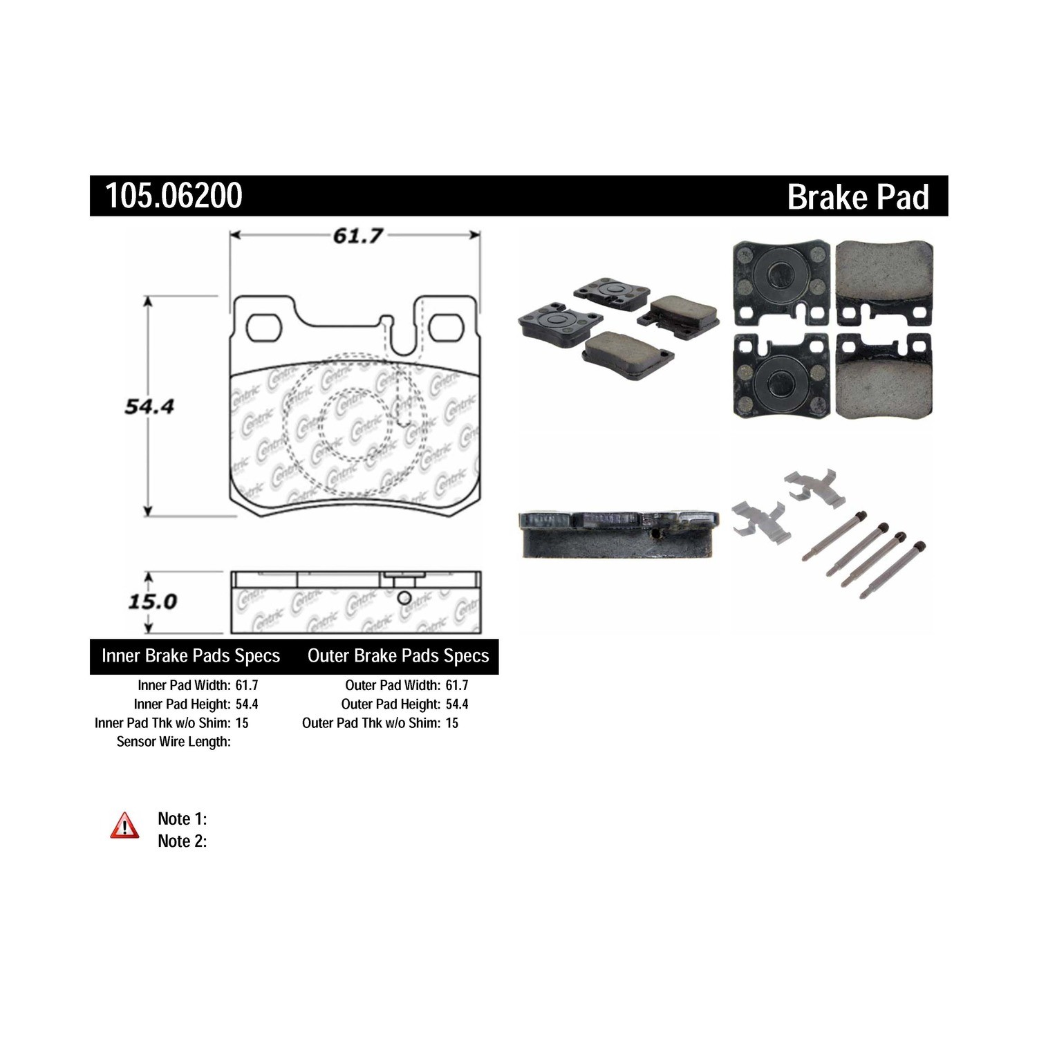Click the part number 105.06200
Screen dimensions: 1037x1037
point(174,196)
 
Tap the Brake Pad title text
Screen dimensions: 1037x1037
point(858,196)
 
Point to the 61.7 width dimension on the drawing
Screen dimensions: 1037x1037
point(357,236)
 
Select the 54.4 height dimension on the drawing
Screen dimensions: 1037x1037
point(149,407)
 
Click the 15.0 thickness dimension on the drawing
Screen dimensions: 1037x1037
point(152,601)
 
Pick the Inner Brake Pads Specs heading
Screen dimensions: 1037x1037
point(191,655)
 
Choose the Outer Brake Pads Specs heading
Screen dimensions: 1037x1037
point(398,655)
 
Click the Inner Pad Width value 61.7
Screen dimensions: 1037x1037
point(247,685)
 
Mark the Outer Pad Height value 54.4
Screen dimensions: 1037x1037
point(457,704)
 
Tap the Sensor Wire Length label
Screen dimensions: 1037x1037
point(174,741)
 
